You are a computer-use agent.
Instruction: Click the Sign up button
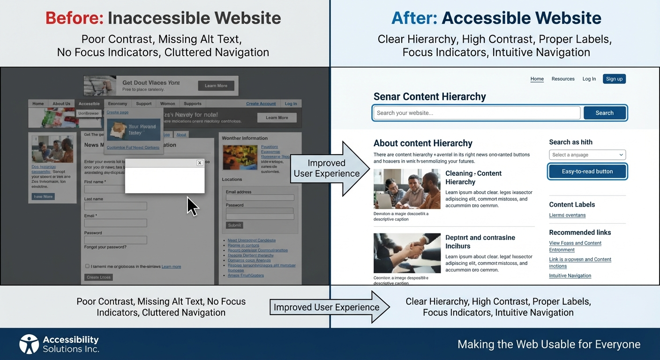tap(614, 79)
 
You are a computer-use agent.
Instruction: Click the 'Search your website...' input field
tap(476, 113)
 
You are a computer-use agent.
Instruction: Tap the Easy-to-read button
tap(587, 172)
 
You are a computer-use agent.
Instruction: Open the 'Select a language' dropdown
tap(587, 155)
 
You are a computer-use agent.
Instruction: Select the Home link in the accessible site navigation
tap(537, 79)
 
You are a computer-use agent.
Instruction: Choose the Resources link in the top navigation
tap(563, 79)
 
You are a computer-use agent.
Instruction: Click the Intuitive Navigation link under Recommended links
tap(570, 276)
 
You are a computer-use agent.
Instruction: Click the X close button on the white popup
tap(200, 163)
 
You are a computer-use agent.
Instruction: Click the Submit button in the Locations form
tap(234, 225)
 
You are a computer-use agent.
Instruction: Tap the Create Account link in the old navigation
tap(261, 104)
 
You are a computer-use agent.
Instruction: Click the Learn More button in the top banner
tap(216, 86)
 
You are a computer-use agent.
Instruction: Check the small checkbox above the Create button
tap(87, 266)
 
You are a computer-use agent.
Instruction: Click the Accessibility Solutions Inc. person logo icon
tap(29, 344)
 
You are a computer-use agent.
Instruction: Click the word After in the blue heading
tap(414, 18)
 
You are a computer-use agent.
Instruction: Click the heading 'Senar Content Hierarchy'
tap(429, 97)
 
